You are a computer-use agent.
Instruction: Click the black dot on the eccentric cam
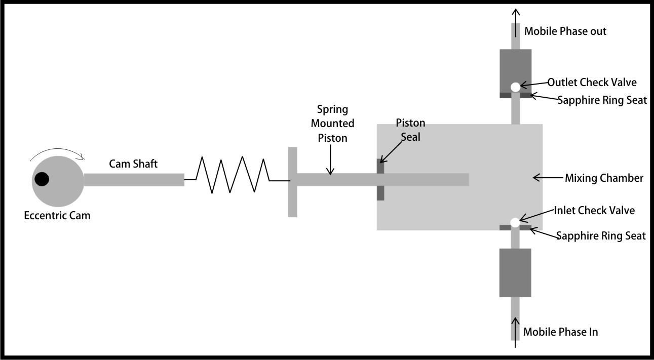(42, 179)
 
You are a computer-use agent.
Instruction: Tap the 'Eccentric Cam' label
(57, 216)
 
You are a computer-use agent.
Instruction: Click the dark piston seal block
(380, 180)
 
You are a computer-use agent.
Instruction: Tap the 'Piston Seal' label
(410, 130)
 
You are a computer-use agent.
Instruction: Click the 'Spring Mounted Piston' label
(332, 123)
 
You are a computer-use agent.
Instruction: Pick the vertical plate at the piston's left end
(292, 182)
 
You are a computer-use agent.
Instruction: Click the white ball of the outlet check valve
(515, 87)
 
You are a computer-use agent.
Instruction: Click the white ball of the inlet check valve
(515, 222)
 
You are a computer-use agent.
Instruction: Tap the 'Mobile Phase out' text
(565, 31)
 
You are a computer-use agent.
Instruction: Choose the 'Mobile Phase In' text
(561, 332)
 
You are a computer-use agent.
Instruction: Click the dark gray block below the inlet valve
(515, 272)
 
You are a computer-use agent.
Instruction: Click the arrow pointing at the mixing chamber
(548, 178)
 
